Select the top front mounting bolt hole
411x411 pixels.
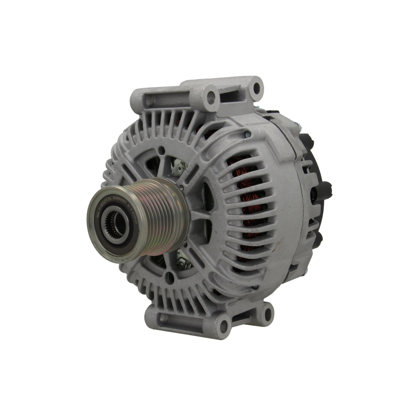[x=209, y=95]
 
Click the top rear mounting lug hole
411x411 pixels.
[x=254, y=89]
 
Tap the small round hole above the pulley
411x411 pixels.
[x=162, y=151]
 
